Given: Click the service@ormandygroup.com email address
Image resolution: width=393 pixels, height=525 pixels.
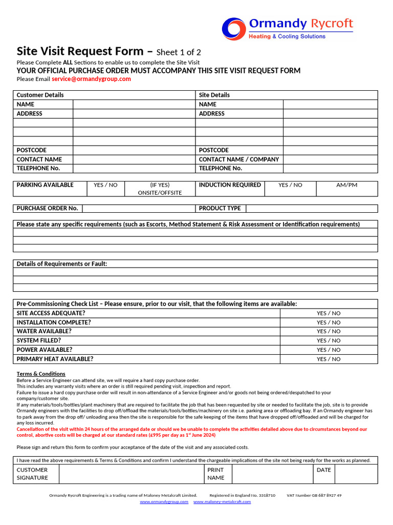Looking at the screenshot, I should (91, 79).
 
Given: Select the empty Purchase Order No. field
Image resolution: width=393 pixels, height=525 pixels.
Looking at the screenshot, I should (138, 208).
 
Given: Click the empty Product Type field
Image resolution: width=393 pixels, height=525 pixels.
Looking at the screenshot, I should (312, 208).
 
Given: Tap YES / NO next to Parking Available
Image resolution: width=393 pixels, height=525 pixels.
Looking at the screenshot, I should (105, 185).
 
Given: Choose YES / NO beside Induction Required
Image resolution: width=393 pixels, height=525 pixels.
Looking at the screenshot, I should (290, 185).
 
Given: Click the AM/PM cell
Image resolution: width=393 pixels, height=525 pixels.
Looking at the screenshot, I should (346, 185).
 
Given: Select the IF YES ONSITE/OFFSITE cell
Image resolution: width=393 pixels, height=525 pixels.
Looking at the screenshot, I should (160, 189).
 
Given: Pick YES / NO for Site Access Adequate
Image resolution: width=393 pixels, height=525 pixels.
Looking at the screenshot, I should (329, 313).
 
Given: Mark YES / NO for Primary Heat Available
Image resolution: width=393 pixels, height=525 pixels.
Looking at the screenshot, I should (329, 359).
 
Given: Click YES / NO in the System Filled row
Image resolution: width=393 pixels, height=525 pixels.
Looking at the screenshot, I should (329, 341).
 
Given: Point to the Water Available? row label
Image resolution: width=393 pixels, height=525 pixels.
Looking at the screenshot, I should (44, 331).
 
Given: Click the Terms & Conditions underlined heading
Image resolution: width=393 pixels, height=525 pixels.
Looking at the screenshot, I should (41, 374).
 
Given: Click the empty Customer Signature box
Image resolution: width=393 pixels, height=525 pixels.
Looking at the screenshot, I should (131, 474).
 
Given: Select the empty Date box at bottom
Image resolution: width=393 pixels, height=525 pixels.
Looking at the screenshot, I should (356, 474).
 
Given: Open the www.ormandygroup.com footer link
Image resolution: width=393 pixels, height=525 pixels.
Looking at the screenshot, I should (164, 501).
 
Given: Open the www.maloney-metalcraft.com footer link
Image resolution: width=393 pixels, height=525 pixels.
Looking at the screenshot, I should (222, 501).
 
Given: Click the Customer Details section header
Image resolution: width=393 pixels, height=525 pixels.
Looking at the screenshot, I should (40, 95).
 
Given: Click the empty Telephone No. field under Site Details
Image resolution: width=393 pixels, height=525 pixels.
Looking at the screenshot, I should (330, 168).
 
